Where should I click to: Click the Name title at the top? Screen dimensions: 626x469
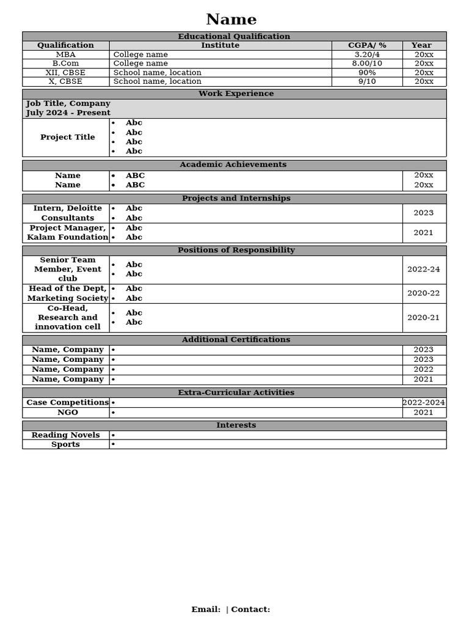231,20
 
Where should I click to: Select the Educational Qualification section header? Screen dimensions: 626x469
234,37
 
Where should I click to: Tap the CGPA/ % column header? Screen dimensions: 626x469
367,45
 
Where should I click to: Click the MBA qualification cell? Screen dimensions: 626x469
65,54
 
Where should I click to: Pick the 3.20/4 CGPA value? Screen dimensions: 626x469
367,54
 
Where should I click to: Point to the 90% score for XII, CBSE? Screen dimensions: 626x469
367,72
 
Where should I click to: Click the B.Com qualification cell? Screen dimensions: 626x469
65,63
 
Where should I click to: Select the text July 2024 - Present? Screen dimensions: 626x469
68,112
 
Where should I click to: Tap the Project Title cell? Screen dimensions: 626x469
67,137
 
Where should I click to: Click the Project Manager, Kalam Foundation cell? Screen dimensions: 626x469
67,232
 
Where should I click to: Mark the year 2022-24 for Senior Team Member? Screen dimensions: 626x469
423,269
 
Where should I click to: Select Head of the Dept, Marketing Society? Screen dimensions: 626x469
67,293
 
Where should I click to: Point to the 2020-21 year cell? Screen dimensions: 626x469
423,317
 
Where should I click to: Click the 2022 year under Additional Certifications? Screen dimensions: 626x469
423,369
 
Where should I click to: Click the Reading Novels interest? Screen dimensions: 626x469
65,435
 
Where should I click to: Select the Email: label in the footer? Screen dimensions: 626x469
206,609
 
